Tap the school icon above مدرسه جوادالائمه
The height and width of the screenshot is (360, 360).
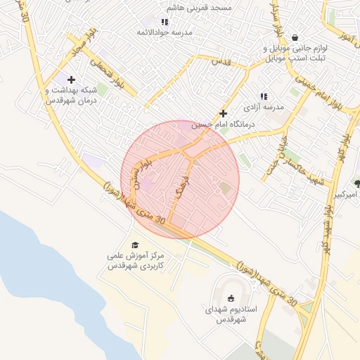coord(165,22)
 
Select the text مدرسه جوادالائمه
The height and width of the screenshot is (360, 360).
coord(165,32)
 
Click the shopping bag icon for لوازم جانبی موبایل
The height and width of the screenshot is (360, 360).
coord(294,37)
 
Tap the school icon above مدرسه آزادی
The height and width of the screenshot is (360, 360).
coord(264,96)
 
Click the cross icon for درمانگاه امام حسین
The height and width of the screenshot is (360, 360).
coord(224,112)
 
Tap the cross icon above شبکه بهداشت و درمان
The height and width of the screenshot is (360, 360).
coord(71,80)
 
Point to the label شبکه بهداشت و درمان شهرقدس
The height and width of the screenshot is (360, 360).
coord(69,96)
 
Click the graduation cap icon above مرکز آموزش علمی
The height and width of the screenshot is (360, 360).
coord(135,245)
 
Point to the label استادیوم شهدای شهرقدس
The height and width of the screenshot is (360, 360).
coord(232,314)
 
